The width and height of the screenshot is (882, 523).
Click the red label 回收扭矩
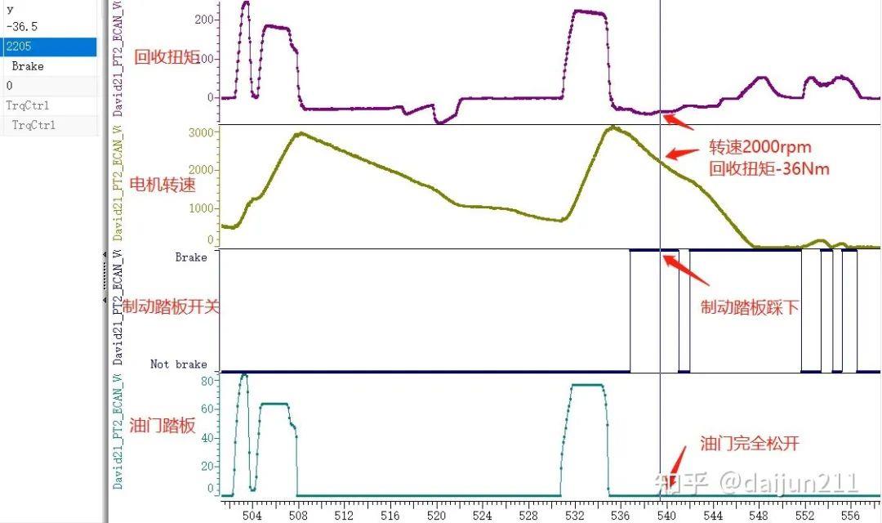(166, 56)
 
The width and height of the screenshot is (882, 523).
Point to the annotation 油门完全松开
(749, 444)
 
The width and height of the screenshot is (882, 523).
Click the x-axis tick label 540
(666, 516)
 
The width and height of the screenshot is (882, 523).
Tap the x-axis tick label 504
(252, 516)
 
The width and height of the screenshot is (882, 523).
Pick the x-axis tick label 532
(574, 516)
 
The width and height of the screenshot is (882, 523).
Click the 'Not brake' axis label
(178, 364)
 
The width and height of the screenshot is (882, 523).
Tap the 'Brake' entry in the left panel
(28, 66)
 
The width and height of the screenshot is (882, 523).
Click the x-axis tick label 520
(436, 516)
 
